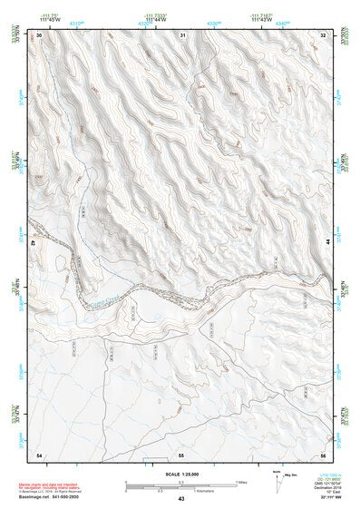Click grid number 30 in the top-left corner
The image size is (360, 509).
click(40, 34)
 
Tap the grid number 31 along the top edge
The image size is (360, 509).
click(182, 34)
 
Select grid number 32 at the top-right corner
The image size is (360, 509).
click(324, 34)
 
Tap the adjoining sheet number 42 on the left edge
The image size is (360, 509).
click(34, 244)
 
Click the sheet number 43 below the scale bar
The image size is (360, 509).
click(181, 499)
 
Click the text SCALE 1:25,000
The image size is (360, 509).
click(181, 475)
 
